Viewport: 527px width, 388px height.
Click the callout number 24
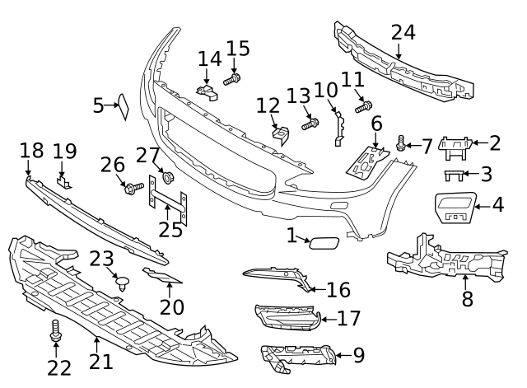coord(403,32)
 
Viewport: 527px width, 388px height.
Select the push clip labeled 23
coord(123,284)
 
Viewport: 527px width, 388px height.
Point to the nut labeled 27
coord(168,177)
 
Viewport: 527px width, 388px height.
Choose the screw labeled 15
coord(233,79)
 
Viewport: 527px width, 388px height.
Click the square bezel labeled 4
coord(452,206)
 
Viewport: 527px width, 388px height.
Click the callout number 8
coord(467,298)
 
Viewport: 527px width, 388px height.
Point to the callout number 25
coord(170,227)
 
